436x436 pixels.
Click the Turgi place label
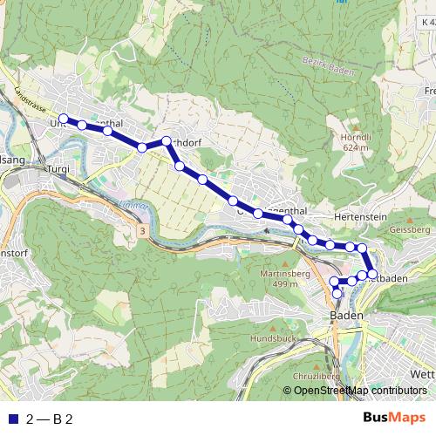[x=58, y=168]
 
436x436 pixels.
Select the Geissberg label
[x=411, y=229]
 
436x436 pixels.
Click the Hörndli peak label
[x=357, y=137]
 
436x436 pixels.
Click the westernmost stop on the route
[x=63, y=118]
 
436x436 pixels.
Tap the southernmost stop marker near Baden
[x=337, y=294]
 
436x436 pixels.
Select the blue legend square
[x=12, y=419]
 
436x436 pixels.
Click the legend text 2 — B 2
[x=49, y=419]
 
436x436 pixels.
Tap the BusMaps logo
[x=395, y=418]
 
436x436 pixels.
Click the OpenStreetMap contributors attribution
[x=360, y=391]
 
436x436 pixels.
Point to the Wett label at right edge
[x=421, y=376]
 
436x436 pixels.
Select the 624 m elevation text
[x=357, y=148]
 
